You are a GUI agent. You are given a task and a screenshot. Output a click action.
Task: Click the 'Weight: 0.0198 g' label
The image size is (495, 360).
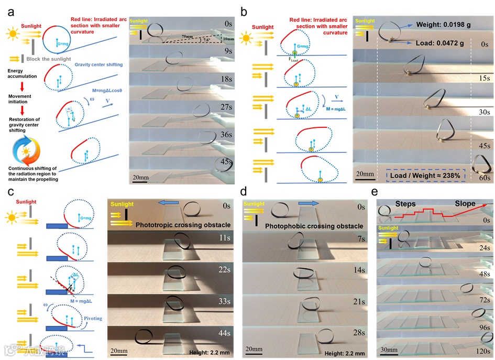(x=452, y=24)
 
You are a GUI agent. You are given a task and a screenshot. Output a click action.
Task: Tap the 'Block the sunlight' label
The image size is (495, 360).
(x=52, y=59)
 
